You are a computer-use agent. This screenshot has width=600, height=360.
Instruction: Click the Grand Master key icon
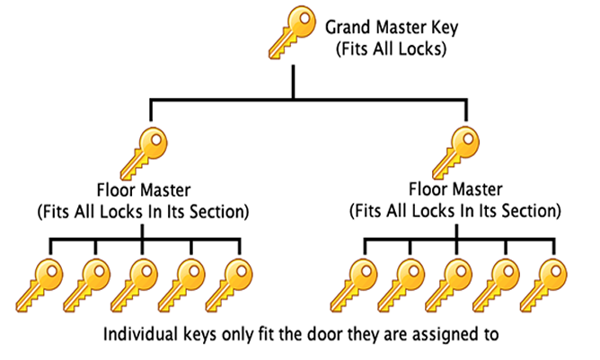tap(293, 32)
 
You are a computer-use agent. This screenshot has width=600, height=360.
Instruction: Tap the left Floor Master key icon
tap(144, 154)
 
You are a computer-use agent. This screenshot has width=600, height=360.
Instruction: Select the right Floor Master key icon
tap(455, 153)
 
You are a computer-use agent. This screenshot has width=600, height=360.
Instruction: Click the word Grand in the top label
tap(348, 28)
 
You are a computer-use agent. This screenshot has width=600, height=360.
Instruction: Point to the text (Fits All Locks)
tap(391, 49)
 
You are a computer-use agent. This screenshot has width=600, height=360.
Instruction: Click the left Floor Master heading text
tap(144, 190)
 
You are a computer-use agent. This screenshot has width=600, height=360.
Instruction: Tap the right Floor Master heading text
tap(455, 189)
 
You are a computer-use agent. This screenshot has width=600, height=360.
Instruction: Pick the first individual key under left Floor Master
tap(40, 285)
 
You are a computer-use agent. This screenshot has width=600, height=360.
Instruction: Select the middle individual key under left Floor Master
tap(135, 285)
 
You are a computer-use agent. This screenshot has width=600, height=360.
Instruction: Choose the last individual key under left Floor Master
tap(229, 285)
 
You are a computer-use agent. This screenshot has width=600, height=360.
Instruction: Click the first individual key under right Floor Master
tap(354, 285)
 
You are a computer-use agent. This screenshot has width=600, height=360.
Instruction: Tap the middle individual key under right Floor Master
tap(449, 285)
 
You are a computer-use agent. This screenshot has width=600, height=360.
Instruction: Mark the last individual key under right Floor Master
tap(543, 285)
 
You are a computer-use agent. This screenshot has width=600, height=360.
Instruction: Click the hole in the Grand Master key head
tap(304, 18)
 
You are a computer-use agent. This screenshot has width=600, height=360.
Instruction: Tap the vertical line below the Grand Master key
tap(293, 82)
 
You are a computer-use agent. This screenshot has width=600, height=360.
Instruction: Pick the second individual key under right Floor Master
tap(401, 285)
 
